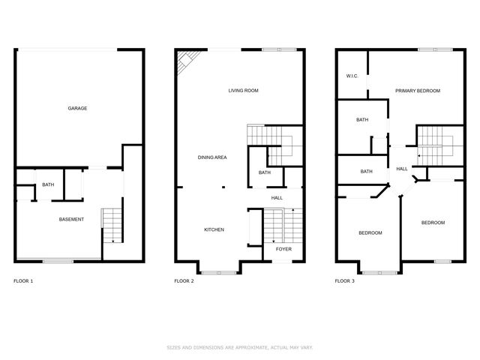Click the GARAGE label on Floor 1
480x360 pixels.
(77, 108)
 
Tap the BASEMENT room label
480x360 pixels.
(71, 220)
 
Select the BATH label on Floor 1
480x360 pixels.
(48, 184)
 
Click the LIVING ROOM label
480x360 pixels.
(243, 91)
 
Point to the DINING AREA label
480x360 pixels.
(212, 157)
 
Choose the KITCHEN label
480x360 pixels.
(214, 229)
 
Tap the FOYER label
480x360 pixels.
(283, 249)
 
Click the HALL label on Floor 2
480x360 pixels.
(277, 198)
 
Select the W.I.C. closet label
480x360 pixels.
(352, 76)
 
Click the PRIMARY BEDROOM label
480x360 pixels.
(418, 91)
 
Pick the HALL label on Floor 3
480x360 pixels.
(402, 169)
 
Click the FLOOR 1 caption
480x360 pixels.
(23, 281)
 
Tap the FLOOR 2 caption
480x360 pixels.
(184, 281)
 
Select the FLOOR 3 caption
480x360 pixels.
(345, 281)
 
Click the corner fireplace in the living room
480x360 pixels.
(187, 61)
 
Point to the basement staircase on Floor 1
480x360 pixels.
(112, 226)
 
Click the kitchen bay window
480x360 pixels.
(218, 273)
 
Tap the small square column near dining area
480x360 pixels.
(223, 187)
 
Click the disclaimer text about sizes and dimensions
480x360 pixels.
(240, 347)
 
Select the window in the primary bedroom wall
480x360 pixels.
(435, 49)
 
